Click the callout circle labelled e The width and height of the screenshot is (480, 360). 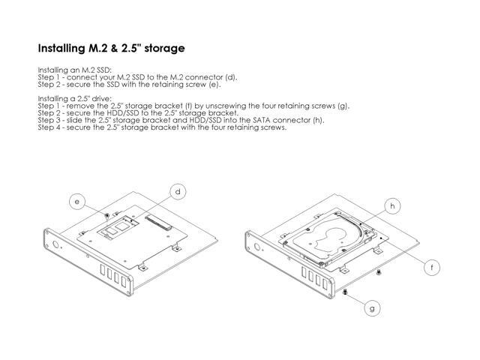pos(75,200)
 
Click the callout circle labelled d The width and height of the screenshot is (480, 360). pos(178,191)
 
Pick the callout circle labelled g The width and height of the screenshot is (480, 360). pos(373,307)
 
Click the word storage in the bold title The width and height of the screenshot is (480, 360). pos(160,49)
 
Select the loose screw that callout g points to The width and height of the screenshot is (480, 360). pos(343,292)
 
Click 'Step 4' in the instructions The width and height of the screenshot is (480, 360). pos(49,127)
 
